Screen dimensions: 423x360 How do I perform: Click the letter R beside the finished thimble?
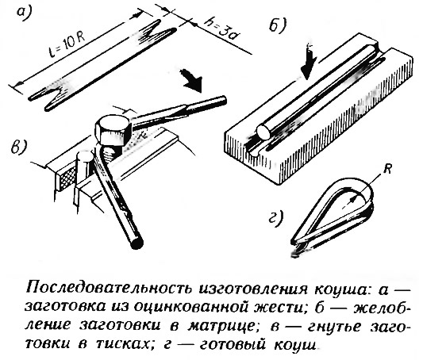click(x=387, y=170)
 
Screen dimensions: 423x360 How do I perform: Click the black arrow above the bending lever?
click(x=192, y=80)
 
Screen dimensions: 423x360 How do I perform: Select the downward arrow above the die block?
click(x=309, y=61)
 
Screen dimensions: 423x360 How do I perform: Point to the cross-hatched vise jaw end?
click(x=67, y=178)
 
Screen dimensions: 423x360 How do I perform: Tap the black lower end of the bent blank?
click(x=137, y=242)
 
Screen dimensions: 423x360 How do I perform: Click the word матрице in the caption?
click(x=220, y=326)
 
